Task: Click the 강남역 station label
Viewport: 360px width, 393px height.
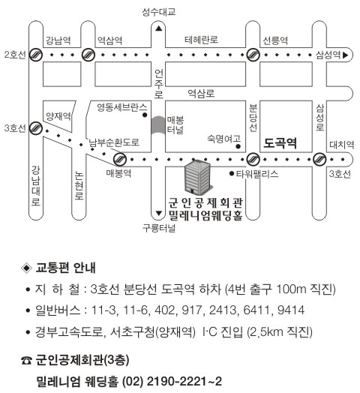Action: click(x=58, y=40)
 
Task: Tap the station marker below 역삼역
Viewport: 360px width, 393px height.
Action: click(x=88, y=55)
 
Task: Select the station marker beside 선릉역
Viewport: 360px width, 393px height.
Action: click(x=253, y=55)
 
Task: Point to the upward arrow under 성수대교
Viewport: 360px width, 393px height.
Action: click(x=158, y=28)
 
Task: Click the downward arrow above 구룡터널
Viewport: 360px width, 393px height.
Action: click(x=158, y=213)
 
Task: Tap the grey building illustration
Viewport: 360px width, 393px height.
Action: click(x=198, y=177)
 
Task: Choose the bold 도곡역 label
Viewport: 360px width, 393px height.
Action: click(x=280, y=142)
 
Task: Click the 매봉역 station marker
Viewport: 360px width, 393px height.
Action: click(x=120, y=159)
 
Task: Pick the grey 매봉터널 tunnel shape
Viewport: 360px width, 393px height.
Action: click(x=158, y=125)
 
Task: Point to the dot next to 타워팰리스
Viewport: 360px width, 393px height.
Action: click(x=232, y=173)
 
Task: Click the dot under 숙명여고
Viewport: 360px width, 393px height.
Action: click(x=238, y=146)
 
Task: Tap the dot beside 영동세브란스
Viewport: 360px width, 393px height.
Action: click(x=145, y=115)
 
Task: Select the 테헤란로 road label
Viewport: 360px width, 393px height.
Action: click(x=201, y=40)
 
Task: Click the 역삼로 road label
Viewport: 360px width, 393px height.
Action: click(x=201, y=93)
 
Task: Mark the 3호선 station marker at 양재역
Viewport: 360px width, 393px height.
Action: click(x=36, y=128)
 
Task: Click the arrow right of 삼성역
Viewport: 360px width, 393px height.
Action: click(x=346, y=55)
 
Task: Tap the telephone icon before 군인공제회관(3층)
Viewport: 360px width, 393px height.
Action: click(x=26, y=361)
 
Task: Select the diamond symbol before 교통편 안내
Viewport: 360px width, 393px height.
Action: click(x=26, y=268)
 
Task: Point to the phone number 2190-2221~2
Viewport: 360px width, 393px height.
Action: click(x=184, y=381)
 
